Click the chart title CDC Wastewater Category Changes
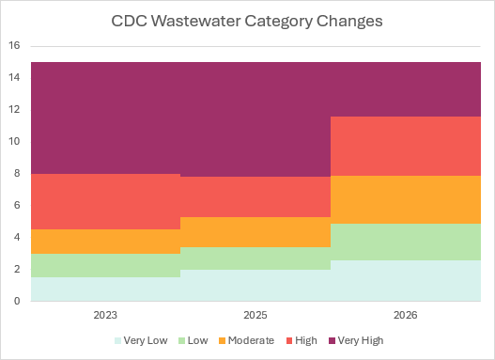[x=247, y=22]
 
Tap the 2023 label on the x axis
[x=105, y=315]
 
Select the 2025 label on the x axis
[x=255, y=315]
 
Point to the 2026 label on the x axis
[x=406, y=315]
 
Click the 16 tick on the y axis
[x=14, y=45]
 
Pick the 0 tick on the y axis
[x=17, y=301]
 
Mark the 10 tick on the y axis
[x=14, y=142]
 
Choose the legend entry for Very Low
[x=141, y=340]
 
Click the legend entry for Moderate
[x=246, y=340]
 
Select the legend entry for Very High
[x=356, y=340]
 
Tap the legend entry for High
[x=302, y=340]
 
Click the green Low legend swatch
[x=181, y=341]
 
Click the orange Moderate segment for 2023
[x=105, y=242]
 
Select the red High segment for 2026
[x=406, y=147]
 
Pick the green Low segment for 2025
[x=255, y=258]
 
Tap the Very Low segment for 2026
[x=406, y=281]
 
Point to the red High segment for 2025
[x=255, y=197]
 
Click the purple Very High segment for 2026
[x=406, y=89]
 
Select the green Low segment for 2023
[x=105, y=266]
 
